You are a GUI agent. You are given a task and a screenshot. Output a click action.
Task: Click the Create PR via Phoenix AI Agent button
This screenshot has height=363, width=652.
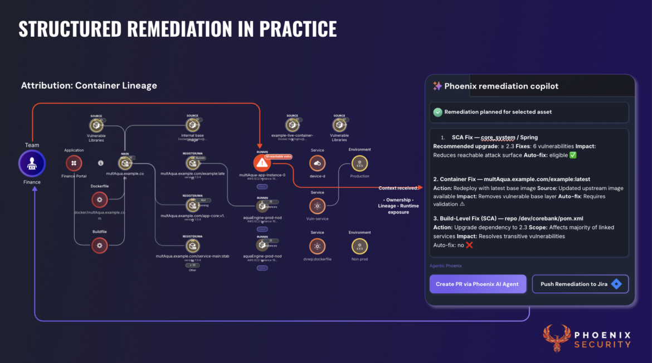tap(477, 284)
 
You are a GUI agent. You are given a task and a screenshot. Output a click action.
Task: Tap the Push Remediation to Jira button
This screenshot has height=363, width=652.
tap(580, 284)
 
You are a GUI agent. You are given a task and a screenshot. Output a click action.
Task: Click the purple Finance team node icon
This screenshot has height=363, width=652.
tap(32, 163)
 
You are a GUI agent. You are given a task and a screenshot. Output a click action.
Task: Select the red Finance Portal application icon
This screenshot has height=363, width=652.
tap(74, 163)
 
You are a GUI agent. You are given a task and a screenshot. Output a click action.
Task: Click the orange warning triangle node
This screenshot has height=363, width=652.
tap(262, 163)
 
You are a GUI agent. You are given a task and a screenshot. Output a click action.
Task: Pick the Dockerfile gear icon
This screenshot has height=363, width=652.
tap(99, 199)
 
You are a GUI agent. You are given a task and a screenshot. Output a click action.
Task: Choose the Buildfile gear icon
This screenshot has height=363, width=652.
tap(99, 245)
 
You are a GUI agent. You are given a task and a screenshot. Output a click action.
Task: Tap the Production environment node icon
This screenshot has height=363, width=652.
tap(359, 163)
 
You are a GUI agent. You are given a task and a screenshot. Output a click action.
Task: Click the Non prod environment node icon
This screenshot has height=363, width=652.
tap(359, 246)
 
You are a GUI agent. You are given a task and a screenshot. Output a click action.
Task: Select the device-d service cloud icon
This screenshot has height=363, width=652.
tap(317, 163)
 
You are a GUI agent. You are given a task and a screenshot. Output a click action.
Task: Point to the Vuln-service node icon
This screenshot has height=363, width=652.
tap(317, 206)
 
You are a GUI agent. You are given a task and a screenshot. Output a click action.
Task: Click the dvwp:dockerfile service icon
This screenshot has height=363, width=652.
tap(317, 246)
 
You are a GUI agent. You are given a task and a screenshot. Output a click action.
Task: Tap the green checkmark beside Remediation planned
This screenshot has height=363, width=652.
tap(437, 112)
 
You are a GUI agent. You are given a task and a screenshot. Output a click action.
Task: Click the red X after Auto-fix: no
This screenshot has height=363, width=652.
tap(469, 245)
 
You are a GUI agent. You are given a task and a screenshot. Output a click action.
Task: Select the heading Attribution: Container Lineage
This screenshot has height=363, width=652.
tap(89, 85)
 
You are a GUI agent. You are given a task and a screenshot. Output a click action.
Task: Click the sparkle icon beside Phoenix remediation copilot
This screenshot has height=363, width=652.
tap(437, 86)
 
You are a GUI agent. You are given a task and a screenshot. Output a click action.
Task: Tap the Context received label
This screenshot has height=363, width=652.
tap(398, 188)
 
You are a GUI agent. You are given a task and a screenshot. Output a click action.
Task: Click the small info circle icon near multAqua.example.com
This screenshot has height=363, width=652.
tap(101, 163)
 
